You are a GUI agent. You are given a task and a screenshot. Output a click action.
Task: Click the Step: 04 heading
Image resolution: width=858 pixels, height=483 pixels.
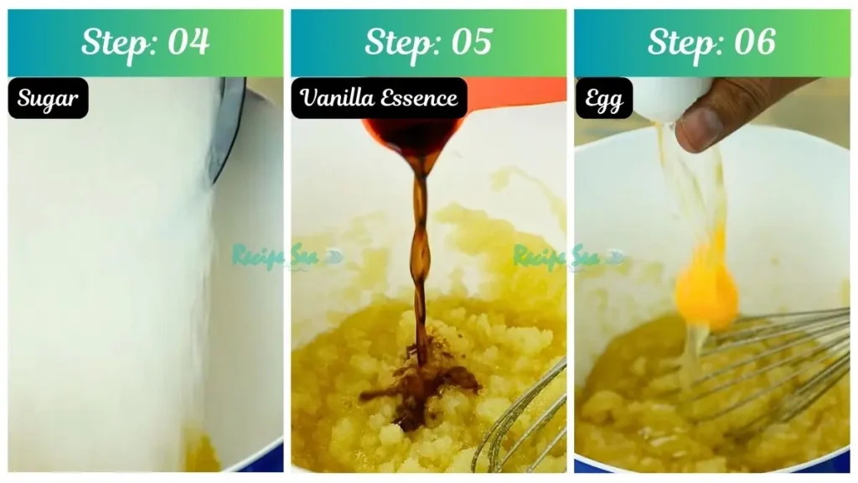145,42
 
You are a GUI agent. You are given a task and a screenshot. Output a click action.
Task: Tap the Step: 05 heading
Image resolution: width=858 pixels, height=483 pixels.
428,42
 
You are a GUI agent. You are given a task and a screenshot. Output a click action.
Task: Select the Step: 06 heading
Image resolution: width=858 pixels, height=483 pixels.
711,42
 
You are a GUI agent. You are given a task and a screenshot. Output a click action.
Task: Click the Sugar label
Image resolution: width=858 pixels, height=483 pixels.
48,98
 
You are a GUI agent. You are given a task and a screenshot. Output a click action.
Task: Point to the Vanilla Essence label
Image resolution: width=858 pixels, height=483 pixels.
379,98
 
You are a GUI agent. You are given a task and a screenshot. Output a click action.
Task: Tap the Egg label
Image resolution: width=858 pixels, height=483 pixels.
602,98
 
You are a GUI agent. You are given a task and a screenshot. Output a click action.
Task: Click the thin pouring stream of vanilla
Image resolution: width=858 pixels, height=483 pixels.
420,252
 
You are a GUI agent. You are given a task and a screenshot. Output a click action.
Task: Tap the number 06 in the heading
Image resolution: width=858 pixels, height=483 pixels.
753,42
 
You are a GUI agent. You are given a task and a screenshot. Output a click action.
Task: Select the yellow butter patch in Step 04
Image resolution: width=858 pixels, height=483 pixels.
201,453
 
